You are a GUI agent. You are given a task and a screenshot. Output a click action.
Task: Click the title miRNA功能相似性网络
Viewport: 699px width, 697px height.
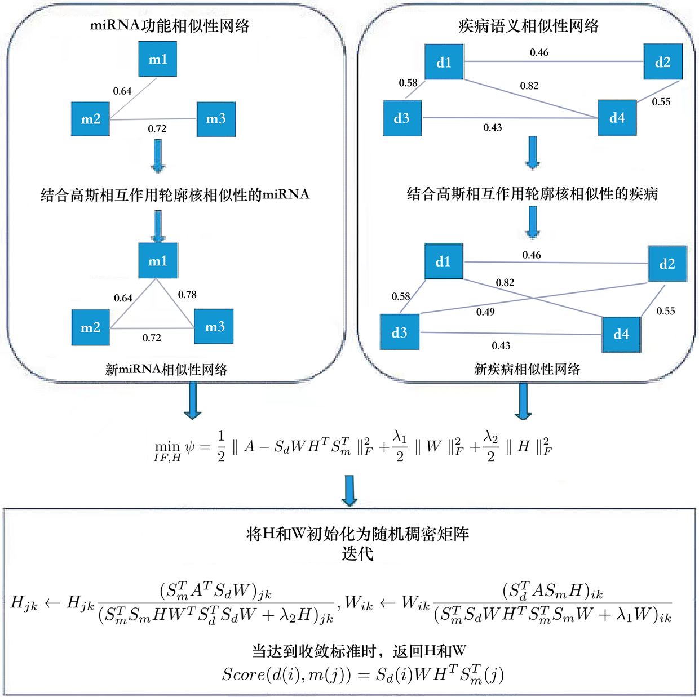tap(170, 26)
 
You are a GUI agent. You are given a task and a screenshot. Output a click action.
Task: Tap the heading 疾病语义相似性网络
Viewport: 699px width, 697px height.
tap(528, 26)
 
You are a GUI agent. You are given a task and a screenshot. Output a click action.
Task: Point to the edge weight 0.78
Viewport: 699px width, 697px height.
tap(187, 295)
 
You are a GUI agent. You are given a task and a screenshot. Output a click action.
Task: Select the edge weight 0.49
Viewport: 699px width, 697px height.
tap(485, 312)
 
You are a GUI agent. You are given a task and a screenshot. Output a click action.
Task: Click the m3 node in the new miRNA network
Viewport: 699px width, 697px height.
tap(214, 327)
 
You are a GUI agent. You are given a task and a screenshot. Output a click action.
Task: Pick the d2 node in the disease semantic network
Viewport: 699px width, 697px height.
tap(663, 62)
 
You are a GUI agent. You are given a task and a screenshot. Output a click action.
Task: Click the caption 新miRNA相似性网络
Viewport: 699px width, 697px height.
tap(166, 370)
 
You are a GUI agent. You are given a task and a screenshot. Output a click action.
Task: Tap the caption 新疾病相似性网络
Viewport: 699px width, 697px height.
tap(527, 369)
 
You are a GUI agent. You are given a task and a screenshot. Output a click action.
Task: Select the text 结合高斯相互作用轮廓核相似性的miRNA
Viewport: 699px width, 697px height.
tap(175, 195)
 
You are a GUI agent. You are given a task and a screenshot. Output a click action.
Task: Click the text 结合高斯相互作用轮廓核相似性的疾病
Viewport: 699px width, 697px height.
tap(532, 194)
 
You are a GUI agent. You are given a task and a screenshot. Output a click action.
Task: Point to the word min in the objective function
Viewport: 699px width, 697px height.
tap(167, 447)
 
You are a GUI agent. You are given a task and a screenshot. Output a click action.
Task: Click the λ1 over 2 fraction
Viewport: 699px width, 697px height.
tap(400, 446)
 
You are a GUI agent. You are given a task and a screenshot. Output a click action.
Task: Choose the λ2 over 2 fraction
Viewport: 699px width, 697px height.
tap(490, 446)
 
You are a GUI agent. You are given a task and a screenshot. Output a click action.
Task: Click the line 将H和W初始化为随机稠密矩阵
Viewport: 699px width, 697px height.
tap(357, 534)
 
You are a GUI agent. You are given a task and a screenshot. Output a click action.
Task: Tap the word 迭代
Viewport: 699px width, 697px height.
tap(357, 553)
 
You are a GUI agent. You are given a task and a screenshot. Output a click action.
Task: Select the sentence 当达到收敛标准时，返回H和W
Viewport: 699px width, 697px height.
tap(359, 651)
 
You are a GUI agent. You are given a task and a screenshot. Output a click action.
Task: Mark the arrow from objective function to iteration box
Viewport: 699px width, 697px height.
tap(350, 490)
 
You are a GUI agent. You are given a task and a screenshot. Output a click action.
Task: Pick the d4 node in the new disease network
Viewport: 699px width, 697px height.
tap(621, 334)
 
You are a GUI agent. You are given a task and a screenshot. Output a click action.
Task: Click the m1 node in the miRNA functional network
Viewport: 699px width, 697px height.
tap(158, 60)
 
